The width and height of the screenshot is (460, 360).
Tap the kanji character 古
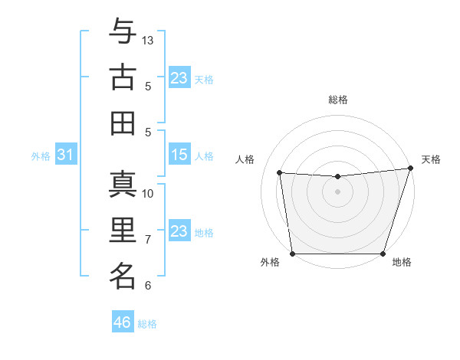[123, 78]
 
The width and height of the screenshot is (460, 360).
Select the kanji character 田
[123, 123]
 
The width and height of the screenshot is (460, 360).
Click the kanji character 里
[123, 231]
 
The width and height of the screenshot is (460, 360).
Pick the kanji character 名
[123, 275]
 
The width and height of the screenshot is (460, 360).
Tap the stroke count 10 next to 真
[149, 193]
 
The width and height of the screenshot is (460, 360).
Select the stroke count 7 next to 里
[148, 240]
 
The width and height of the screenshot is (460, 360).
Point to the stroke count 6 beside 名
[148, 285]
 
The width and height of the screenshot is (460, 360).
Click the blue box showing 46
[123, 322]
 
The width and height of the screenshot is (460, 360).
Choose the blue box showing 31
[66, 155]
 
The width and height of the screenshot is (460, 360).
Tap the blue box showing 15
[179, 155]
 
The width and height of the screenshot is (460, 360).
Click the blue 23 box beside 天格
[179, 78]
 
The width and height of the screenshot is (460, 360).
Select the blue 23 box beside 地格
[179, 231]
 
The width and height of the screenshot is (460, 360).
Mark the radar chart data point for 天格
[409, 169]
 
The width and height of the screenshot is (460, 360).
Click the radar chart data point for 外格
[292, 254]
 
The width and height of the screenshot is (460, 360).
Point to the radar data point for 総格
[337, 177]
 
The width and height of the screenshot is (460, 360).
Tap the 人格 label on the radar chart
[247, 159]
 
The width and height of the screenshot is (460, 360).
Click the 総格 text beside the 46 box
[147, 324]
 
